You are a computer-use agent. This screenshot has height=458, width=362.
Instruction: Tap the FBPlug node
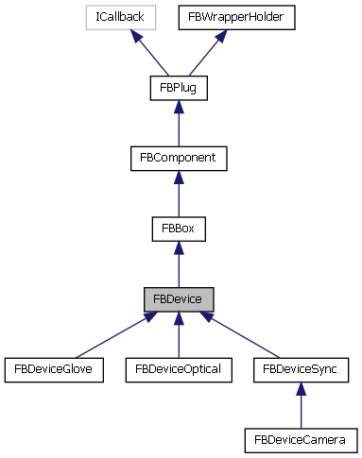[179, 88]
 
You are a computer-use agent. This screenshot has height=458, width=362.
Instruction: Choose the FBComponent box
[179, 158]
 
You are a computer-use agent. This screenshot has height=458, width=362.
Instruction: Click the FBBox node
[179, 228]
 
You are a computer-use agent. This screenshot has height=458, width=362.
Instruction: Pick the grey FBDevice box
[179, 298]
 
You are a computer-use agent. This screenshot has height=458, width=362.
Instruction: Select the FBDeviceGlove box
[54, 368]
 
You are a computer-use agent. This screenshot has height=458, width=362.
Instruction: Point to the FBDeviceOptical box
[179, 368]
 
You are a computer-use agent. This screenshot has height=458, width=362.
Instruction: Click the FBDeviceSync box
[301, 368]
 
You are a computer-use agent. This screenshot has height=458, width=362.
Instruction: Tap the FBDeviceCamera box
[301, 439]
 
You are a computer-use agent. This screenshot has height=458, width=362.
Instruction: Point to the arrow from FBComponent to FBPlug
[179, 123]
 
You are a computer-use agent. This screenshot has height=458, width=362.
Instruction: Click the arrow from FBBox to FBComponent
[179, 193]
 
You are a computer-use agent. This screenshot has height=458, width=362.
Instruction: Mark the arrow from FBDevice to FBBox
[179, 263]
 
